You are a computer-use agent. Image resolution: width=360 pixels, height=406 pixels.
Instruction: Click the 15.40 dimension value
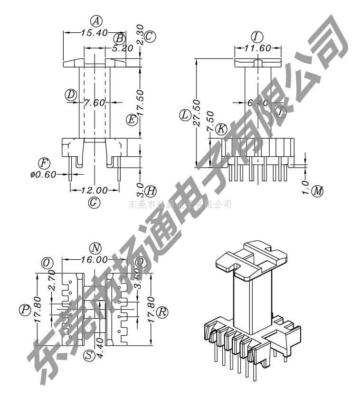click(81, 33)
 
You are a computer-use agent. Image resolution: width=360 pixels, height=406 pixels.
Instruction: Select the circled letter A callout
click(96, 21)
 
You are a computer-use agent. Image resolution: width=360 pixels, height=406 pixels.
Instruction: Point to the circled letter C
click(150, 36)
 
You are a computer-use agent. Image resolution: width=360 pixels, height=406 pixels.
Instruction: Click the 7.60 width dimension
click(94, 103)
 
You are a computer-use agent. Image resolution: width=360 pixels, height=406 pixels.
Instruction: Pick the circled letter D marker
click(71, 94)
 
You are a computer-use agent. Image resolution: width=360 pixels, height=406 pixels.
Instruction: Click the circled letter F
click(44, 163)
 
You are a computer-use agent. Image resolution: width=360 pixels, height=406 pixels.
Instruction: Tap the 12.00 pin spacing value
click(94, 190)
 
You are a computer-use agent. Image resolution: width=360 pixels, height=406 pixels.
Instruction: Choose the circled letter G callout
click(94, 202)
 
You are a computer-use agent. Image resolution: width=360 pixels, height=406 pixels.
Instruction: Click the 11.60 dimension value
click(258, 48)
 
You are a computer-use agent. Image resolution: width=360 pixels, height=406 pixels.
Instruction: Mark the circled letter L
click(185, 115)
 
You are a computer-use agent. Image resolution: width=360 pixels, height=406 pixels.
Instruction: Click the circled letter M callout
click(318, 191)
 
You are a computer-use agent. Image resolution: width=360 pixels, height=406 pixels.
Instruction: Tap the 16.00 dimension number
click(95, 260)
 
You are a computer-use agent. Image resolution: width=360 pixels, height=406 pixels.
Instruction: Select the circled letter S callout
click(88, 355)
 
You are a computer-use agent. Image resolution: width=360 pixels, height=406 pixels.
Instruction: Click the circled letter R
click(163, 312)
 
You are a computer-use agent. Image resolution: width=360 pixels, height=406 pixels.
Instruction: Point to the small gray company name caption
click(180, 205)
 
